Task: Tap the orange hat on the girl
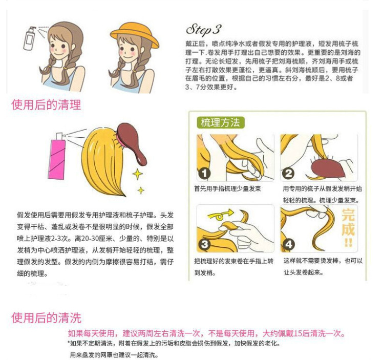click(x=134, y=34)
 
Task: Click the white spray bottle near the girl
click(x=29, y=38)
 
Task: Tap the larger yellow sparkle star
click(x=138, y=174)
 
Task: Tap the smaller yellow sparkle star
click(x=141, y=190)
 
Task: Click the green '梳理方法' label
click(x=220, y=122)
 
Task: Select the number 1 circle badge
click(x=204, y=174)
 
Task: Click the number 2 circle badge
click(x=288, y=174)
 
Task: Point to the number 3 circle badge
click(x=204, y=244)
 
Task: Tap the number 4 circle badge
click(x=288, y=244)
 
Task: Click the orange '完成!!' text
click(x=348, y=228)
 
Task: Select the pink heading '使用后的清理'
click(x=46, y=104)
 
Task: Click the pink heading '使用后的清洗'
click(x=46, y=317)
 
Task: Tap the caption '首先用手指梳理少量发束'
click(x=227, y=188)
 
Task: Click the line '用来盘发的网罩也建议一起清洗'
click(x=114, y=355)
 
